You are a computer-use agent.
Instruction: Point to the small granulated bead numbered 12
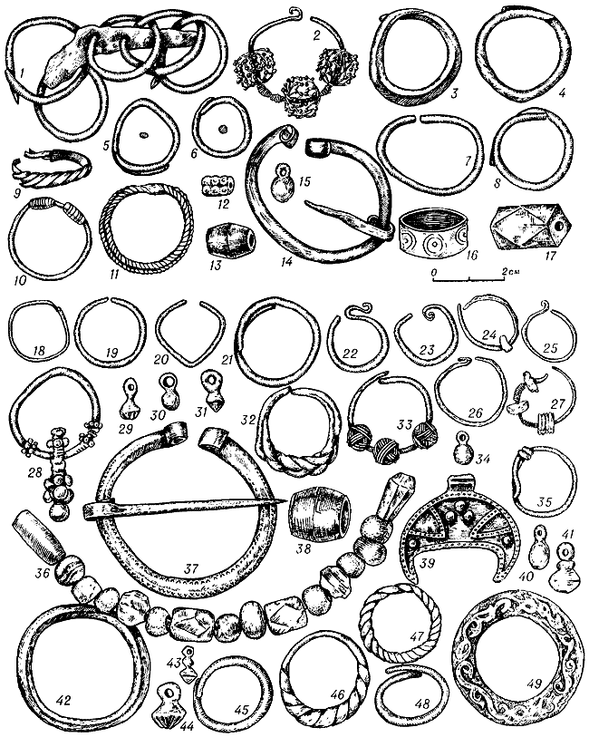[217, 185]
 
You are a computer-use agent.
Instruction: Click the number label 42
[63, 700]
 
